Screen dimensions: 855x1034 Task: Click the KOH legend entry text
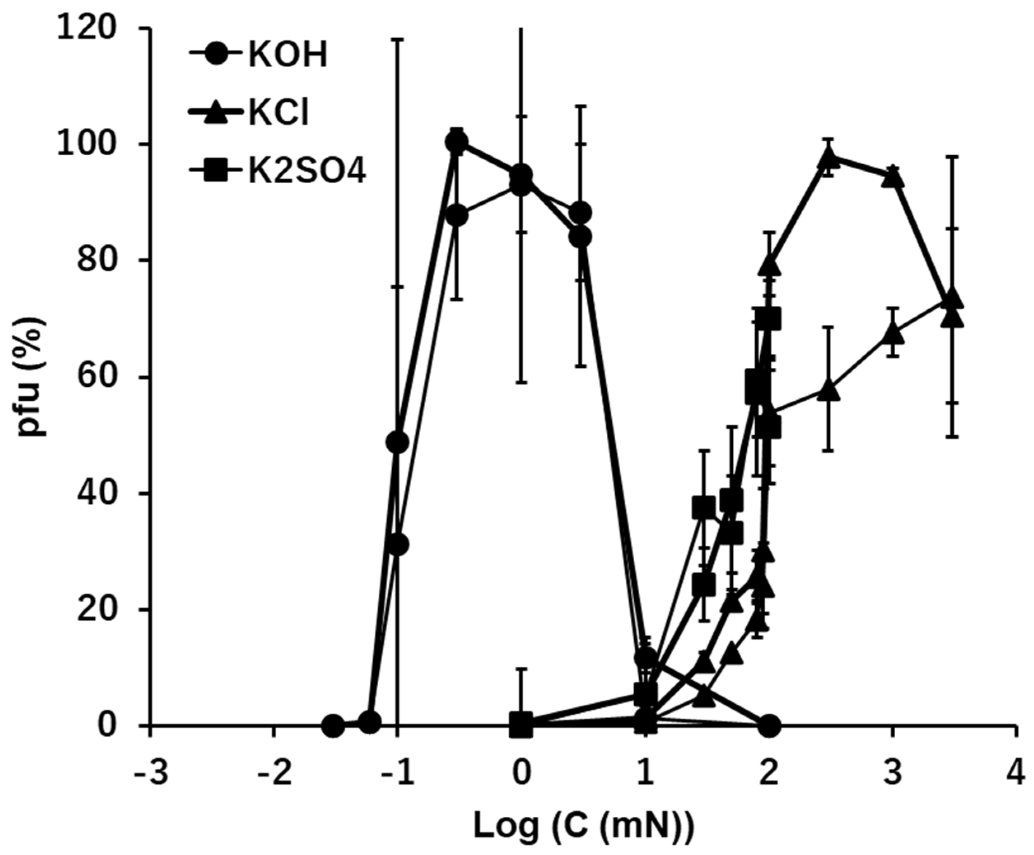pyautogui.click(x=287, y=56)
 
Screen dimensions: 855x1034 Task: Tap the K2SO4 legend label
pyautogui.click(x=307, y=173)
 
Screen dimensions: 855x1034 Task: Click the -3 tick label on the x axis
pyautogui.click(x=151, y=772)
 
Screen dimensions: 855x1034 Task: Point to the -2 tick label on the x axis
pyautogui.click(x=275, y=772)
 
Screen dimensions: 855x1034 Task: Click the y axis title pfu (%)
pyautogui.click(x=32, y=377)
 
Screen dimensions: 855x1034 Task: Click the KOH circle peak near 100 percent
pyautogui.click(x=457, y=143)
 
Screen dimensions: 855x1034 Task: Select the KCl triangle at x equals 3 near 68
pyautogui.click(x=893, y=334)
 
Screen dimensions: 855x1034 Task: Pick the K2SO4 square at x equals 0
pyautogui.click(x=521, y=724)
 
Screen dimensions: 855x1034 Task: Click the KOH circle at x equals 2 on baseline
pyautogui.click(x=769, y=725)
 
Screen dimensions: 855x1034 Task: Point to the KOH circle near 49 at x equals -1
pyautogui.click(x=398, y=442)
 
